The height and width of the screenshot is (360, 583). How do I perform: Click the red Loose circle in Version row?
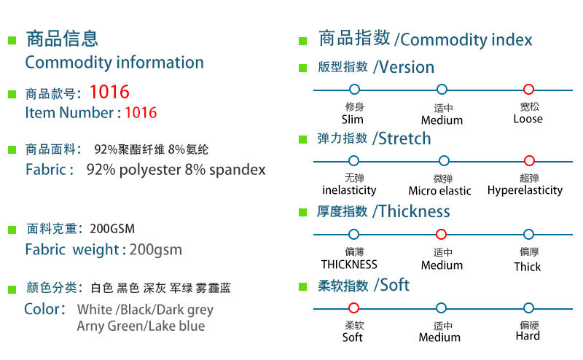(529, 90)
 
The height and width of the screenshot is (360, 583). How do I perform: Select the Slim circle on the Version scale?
(354, 90)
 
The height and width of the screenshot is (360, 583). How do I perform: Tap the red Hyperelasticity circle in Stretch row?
(530, 161)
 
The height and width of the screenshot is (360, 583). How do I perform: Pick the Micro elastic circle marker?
(443, 161)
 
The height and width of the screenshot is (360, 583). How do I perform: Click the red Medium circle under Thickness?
(441, 235)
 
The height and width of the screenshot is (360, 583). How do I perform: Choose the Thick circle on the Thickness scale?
(528, 235)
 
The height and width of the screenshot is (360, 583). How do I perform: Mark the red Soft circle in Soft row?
(354, 308)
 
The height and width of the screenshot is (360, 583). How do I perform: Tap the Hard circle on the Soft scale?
(528, 308)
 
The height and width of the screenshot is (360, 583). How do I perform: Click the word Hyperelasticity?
(525, 190)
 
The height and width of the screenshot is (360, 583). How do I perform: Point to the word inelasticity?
(349, 190)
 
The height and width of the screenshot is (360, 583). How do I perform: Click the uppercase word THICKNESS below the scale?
(349, 265)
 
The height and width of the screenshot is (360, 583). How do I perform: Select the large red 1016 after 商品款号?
(109, 93)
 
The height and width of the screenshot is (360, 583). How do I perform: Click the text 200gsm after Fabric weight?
(156, 250)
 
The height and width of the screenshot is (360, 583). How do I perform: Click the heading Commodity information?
(114, 62)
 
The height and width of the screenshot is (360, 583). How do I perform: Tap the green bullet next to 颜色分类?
(12, 289)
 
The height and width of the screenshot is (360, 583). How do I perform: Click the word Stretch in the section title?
(404, 138)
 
